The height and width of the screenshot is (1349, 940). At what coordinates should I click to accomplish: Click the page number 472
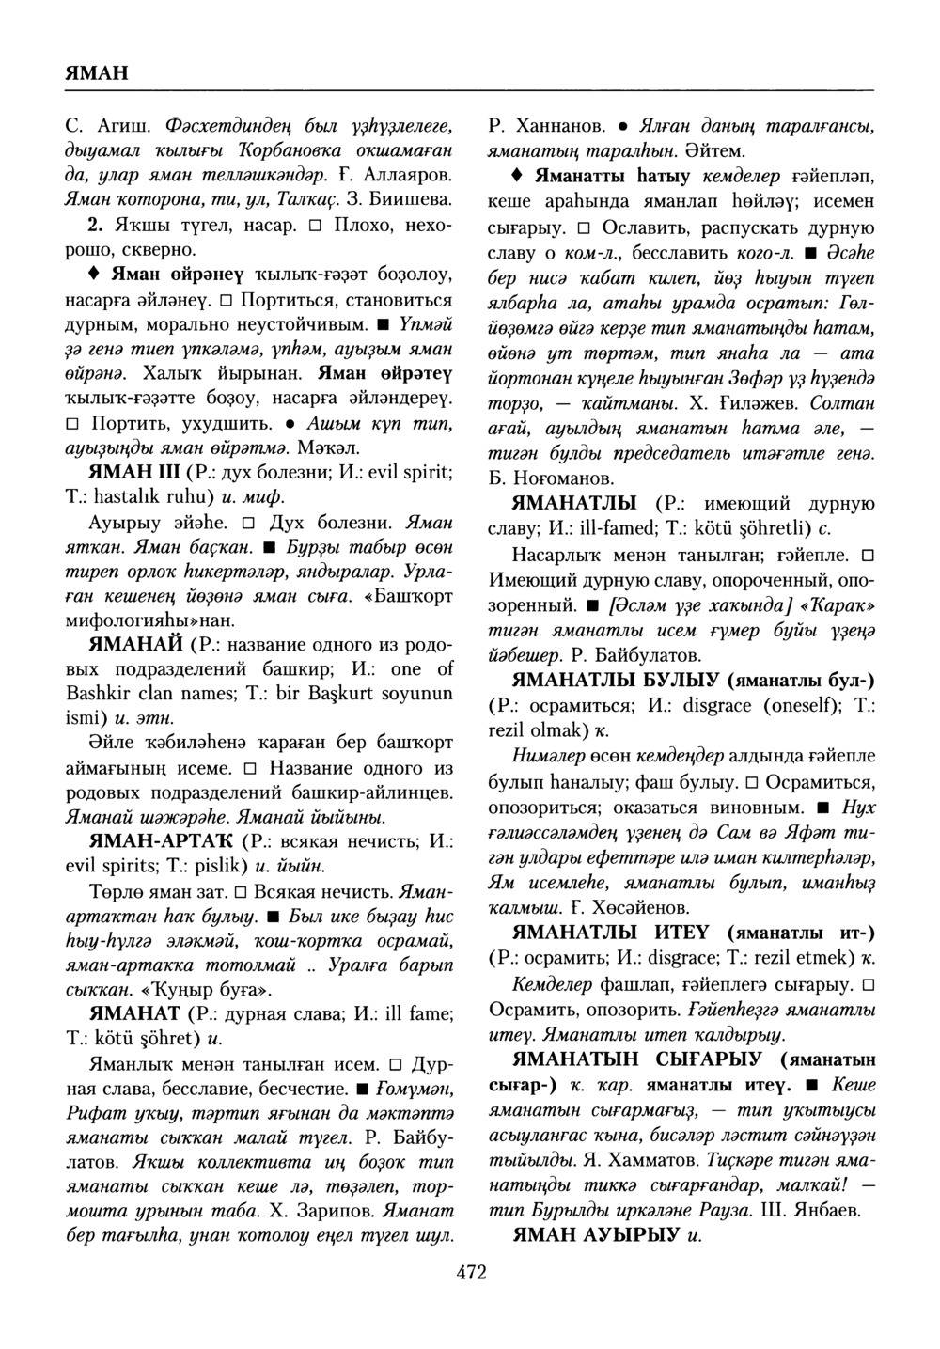(471, 1273)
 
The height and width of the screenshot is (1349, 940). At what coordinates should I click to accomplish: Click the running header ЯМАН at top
(97, 73)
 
